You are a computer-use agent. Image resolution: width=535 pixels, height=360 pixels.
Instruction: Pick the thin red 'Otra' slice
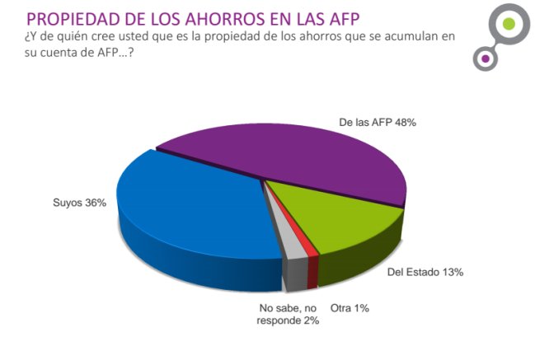(x=311, y=264)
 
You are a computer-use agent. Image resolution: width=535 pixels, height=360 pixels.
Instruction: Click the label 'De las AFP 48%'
(x=378, y=121)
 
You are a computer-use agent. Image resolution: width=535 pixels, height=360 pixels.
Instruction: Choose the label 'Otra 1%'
(x=350, y=308)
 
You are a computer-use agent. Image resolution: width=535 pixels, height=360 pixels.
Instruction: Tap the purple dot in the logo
(x=486, y=58)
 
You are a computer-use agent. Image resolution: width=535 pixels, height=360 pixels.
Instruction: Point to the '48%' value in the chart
(x=404, y=121)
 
